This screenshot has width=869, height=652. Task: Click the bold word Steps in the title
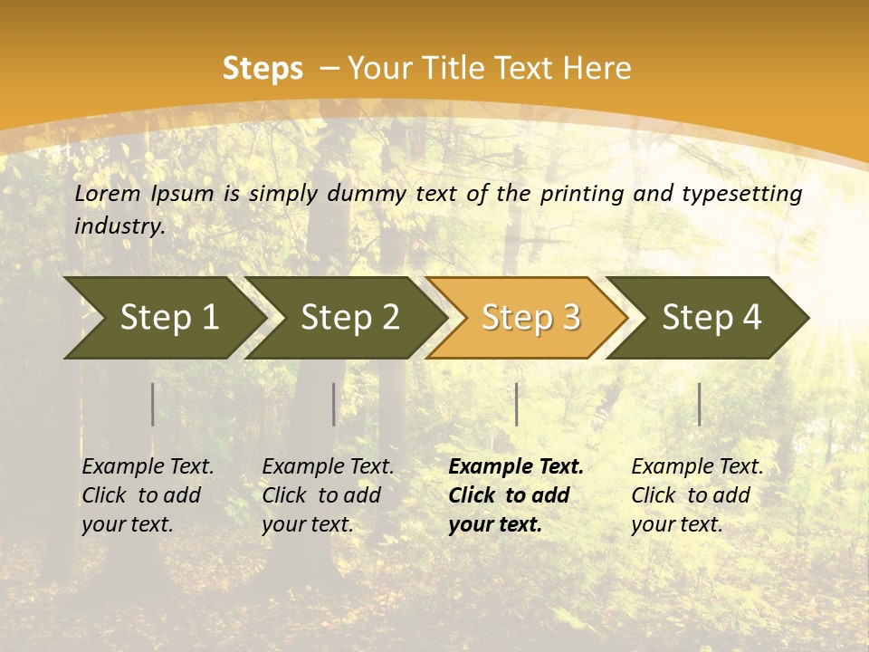263,69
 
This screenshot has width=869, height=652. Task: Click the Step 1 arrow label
169,318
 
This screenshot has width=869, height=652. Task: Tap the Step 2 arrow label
350,318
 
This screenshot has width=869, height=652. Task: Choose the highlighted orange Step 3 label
531,318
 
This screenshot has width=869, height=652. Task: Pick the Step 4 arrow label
711,318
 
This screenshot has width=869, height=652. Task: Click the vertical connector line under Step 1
153,404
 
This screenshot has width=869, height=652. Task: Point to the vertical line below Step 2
334,404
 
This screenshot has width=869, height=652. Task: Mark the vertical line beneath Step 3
517,404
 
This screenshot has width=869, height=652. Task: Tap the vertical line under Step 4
700,404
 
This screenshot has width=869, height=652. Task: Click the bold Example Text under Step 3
516,466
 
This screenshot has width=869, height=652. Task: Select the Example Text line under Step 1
148,466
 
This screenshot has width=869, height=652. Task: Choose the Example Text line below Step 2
328,466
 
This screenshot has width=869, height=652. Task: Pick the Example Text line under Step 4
697,466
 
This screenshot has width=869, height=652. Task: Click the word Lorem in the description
108,193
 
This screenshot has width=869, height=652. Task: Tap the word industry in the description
119,226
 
